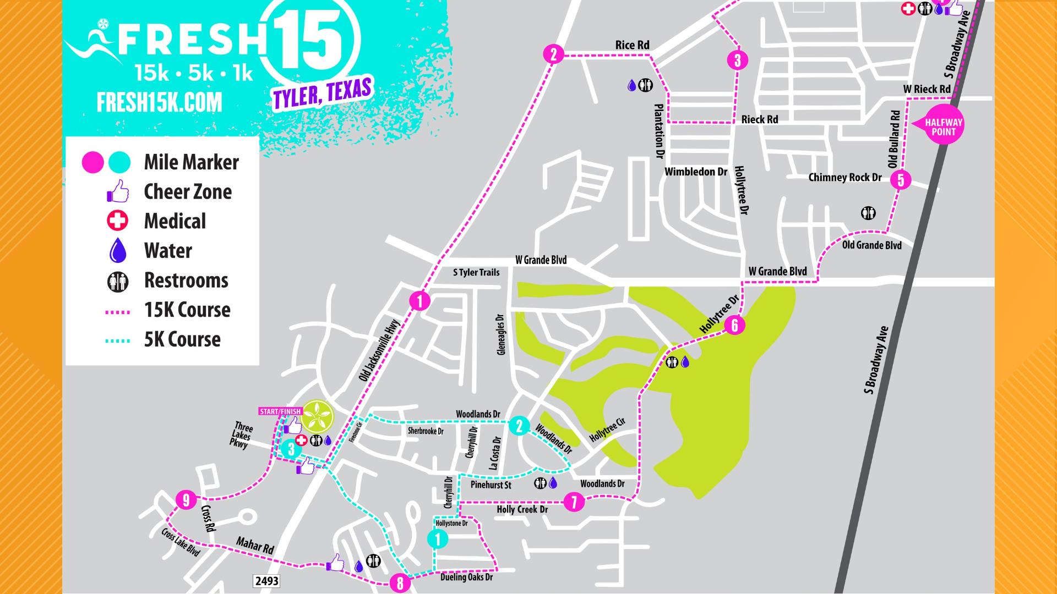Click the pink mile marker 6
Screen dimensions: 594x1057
(734, 325)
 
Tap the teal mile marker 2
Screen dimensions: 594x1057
(519, 426)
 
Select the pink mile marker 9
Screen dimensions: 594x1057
(187, 500)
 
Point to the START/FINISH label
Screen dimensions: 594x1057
(280, 411)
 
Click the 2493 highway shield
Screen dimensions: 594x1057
(266, 581)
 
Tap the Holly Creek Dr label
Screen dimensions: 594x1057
(522, 510)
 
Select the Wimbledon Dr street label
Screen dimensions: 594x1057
(696, 172)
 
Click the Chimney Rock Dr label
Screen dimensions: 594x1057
(844, 178)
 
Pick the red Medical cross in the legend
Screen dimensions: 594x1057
(117, 221)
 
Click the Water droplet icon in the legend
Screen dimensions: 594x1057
(118, 251)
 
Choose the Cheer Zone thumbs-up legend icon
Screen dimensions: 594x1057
(117, 192)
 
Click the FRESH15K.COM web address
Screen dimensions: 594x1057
(160, 103)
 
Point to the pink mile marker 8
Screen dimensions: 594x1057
(400, 583)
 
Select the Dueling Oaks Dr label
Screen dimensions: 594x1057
(466, 577)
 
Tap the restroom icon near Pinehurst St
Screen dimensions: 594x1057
(540, 483)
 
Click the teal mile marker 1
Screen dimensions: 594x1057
(438, 539)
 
